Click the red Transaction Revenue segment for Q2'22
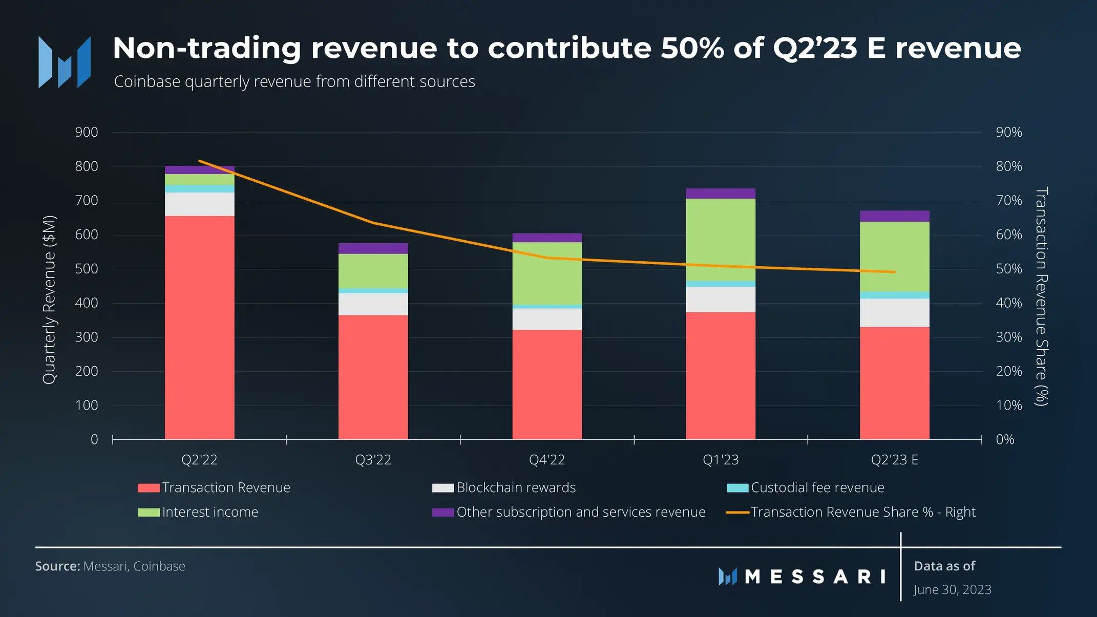coord(199,327)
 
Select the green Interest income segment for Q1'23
coord(721,240)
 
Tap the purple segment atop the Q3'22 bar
coord(373,248)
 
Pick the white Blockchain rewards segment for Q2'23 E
coord(895,313)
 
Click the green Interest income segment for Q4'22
coord(547,273)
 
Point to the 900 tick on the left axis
coord(87,132)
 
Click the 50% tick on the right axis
coord(1008,269)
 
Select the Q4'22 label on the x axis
coord(547,459)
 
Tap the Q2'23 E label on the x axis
coord(895,459)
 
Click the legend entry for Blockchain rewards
coord(504,487)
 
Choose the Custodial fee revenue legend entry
coord(805,487)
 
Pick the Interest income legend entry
coord(198,512)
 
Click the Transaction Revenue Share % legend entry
coord(851,512)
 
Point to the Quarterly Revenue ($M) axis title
coord(49,300)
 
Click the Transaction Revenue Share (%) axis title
coord(1041,296)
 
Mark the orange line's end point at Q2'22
coord(199,161)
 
